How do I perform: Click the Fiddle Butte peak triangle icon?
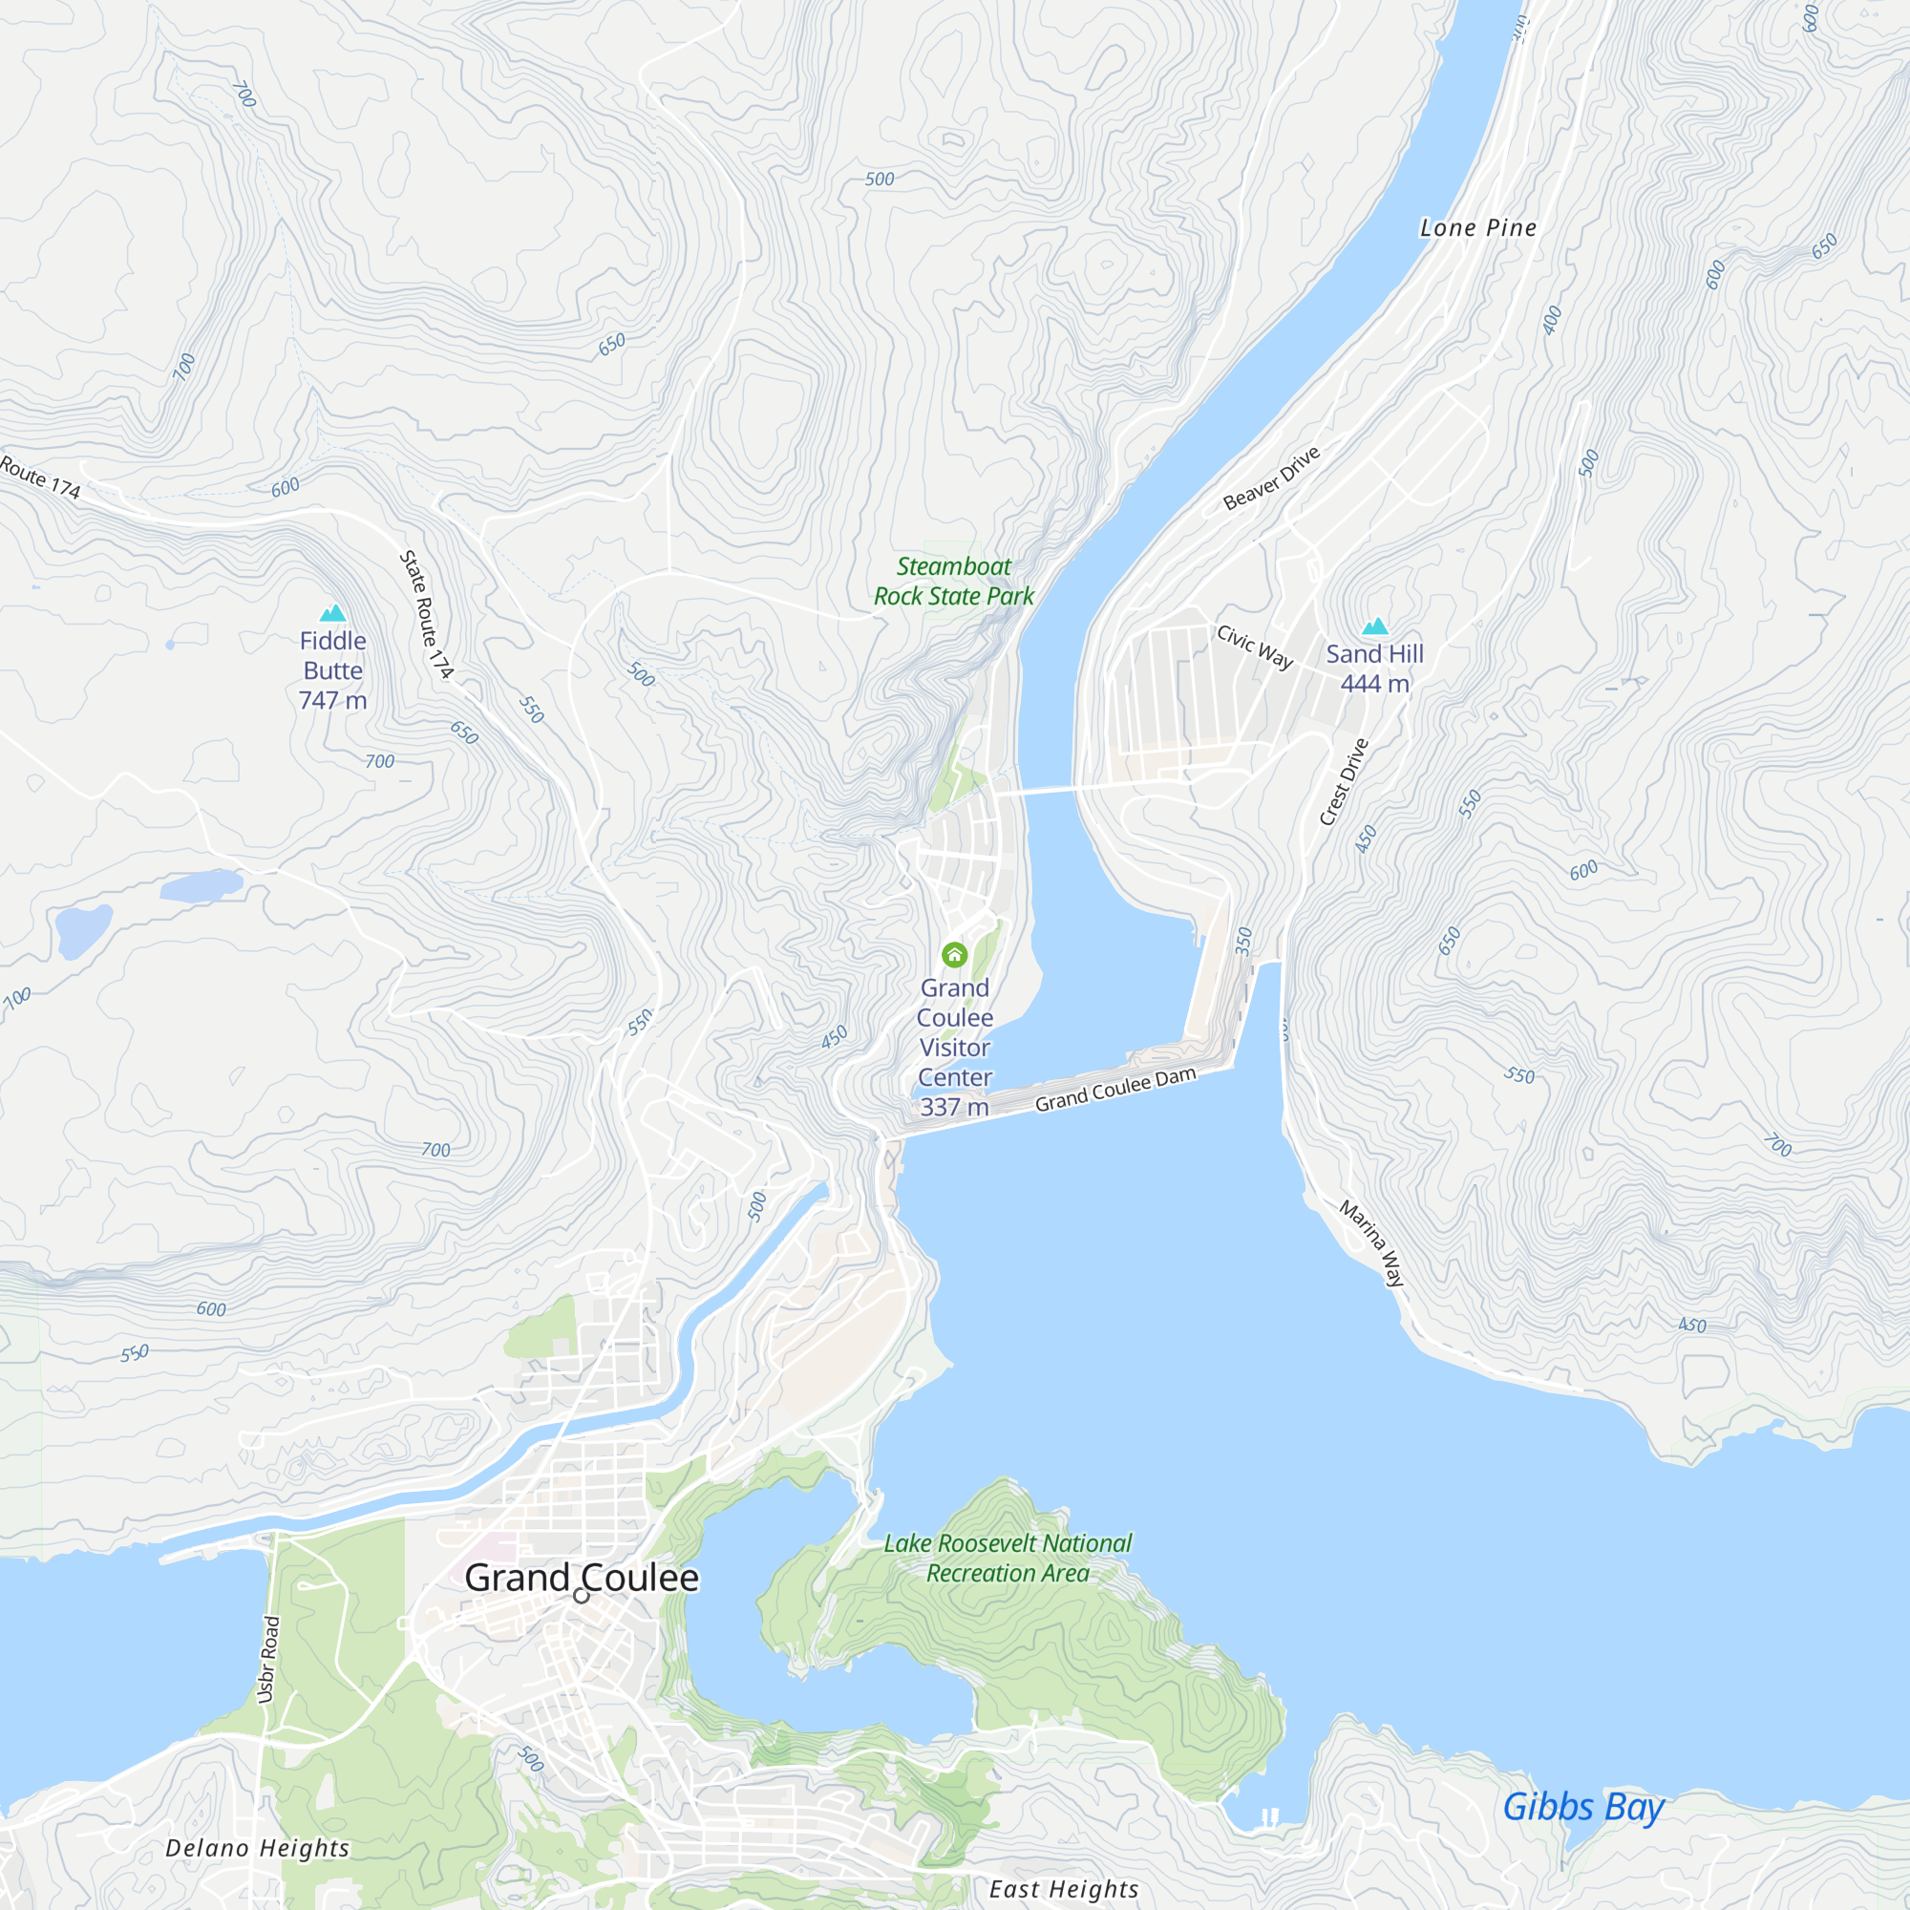pos(333,613)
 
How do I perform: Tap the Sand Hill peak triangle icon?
pos(1375,626)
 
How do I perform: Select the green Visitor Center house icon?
pos(954,954)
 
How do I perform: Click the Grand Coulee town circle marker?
pos(582,1595)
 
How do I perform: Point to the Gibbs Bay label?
pos(1582,1807)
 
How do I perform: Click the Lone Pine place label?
pos(1478,227)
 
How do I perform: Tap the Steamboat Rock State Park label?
pos(954,582)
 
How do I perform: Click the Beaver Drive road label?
pos(1271,477)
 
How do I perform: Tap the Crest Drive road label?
pos(1345,781)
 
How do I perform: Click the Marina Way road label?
pos(1372,1242)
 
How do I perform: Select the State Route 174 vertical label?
pos(426,614)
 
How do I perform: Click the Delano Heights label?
pos(257,1848)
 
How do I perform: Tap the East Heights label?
pos(1064,1889)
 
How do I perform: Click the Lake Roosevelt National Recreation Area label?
pos(1008,1557)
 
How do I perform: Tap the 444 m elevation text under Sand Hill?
pos(1374,683)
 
